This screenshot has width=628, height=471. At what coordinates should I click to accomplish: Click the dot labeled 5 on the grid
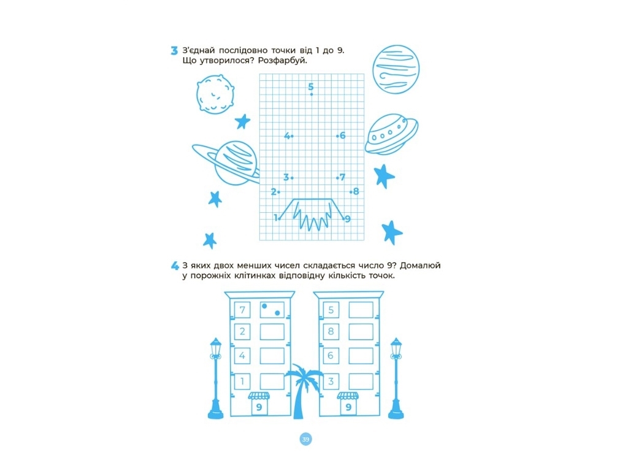click(x=312, y=94)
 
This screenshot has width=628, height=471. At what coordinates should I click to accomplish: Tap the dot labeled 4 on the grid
click(x=292, y=136)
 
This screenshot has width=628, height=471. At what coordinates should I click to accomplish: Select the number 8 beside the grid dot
click(x=356, y=191)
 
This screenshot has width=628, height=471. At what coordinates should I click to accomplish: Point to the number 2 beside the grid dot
click(x=274, y=192)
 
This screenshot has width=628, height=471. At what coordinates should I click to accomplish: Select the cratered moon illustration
click(x=215, y=94)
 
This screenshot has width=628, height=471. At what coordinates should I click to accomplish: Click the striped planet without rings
click(x=396, y=69)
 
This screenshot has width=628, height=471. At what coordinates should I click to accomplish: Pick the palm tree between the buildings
click(x=302, y=391)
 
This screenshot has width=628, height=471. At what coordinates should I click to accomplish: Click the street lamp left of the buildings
click(x=216, y=378)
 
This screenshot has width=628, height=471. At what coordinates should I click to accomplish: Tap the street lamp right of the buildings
click(x=396, y=378)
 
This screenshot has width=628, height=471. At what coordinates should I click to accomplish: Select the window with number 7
click(x=242, y=310)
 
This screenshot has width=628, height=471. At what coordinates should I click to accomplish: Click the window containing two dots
click(x=272, y=310)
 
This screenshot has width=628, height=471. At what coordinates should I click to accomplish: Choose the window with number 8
click(x=331, y=332)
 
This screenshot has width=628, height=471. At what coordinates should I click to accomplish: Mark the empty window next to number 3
click(x=361, y=381)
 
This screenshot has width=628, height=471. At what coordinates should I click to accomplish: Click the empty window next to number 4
click(x=272, y=356)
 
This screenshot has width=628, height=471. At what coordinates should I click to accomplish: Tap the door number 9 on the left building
click(x=259, y=407)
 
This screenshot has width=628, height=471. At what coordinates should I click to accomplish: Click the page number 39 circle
click(x=305, y=439)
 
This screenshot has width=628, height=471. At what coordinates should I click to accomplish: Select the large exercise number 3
click(x=174, y=51)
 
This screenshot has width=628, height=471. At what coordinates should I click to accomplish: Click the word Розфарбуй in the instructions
click(x=282, y=61)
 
